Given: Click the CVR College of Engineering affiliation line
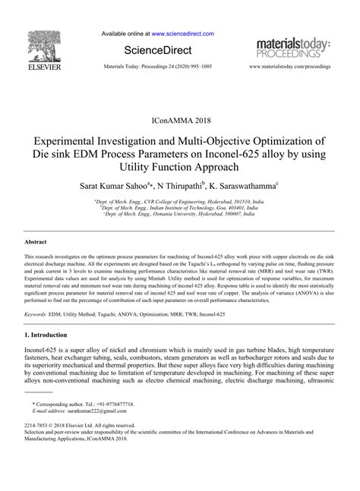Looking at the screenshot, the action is pos(179,202).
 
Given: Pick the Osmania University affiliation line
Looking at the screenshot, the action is pos(179,215).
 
